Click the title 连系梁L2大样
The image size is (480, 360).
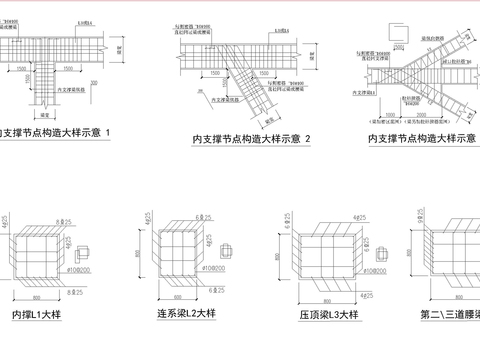click(x=186, y=315)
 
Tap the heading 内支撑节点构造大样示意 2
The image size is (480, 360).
click(x=252, y=137)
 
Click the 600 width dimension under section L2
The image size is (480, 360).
click(x=177, y=298)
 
